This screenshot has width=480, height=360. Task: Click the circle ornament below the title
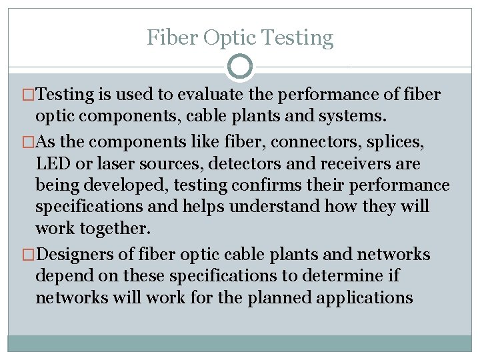(x=240, y=67)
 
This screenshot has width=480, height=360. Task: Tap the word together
(x=115, y=229)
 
